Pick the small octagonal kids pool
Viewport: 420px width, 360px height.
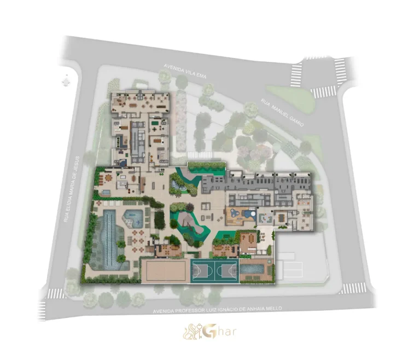pyautogui.click(x=133, y=218)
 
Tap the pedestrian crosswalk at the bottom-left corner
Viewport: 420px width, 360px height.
pyautogui.click(x=56, y=294)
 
